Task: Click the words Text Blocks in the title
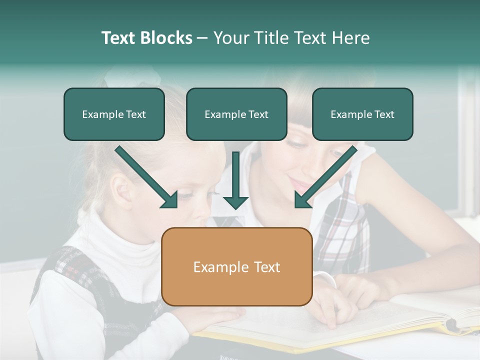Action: [146, 38]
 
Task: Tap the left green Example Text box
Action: [114, 114]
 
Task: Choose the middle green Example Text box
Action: [236, 114]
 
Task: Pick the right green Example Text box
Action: [362, 114]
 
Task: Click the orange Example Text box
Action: [237, 267]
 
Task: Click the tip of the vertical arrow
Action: [235, 207]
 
